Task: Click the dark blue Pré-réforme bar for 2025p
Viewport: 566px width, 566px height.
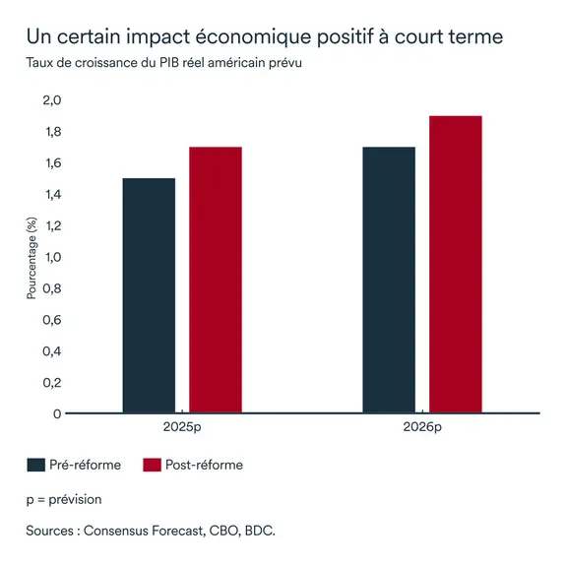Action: click(x=149, y=295)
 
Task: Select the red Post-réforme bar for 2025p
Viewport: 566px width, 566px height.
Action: click(x=216, y=280)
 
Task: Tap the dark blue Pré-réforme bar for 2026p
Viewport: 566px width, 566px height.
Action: click(x=389, y=280)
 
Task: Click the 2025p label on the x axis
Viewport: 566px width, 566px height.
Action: click(x=182, y=429)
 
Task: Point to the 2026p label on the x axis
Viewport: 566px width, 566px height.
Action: click(x=422, y=429)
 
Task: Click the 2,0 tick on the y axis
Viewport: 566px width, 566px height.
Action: click(x=51, y=100)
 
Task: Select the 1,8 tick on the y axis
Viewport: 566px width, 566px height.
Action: click(x=51, y=132)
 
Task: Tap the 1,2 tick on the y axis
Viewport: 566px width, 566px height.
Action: click(x=51, y=225)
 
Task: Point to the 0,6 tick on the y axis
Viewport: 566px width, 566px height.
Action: click(x=51, y=320)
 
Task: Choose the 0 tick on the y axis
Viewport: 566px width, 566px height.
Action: click(x=57, y=413)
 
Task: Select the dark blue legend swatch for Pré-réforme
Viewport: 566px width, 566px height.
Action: click(x=36, y=465)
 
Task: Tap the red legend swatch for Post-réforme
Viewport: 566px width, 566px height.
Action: click(x=152, y=465)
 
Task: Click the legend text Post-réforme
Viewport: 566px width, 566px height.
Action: click(x=205, y=465)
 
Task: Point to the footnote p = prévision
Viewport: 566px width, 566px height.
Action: click(x=64, y=499)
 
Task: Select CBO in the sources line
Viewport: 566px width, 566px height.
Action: click(x=220, y=531)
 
